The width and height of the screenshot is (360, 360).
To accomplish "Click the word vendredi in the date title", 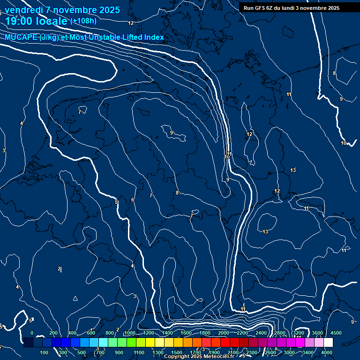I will (24, 10).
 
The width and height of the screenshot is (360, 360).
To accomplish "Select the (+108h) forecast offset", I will (83, 21).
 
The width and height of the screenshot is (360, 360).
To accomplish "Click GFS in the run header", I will (262, 8).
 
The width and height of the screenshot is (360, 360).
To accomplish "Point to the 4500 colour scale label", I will (336, 333).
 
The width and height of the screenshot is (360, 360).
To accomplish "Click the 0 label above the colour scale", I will (32, 333).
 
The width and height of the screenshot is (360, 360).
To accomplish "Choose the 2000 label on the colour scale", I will (224, 333).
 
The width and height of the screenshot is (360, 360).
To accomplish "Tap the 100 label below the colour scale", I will (45, 352).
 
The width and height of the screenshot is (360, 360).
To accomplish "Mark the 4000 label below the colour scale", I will (327, 352).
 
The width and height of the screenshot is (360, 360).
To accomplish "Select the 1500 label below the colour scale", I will (177, 352).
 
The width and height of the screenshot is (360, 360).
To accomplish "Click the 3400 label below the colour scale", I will (308, 352).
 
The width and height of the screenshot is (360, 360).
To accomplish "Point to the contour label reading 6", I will (133, 200).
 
